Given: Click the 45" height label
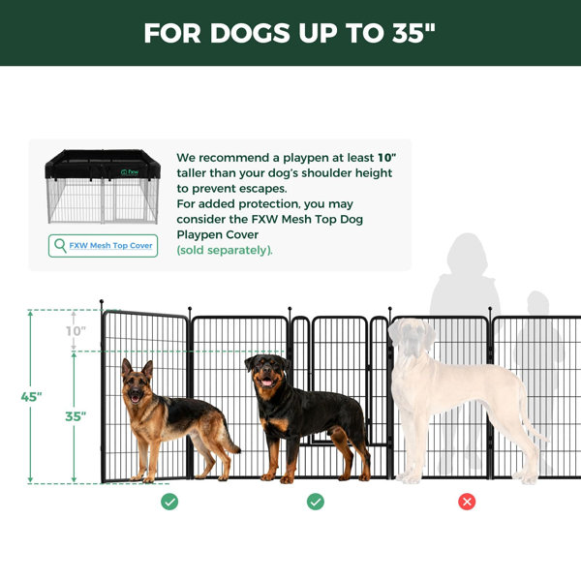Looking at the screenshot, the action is pyautogui.click(x=31, y=397).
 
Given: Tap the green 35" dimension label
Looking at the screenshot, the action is pyautogui.click(x=76, y=416).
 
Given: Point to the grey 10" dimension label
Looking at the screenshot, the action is pyautogui.click(x=76, y=331).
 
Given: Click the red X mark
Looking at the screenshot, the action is pyautogui.click(x=467, y=502).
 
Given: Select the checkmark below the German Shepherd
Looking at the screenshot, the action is pyautogui.click(x=169, y=502).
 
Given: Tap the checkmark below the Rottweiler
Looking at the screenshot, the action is pyautogui.click(x=316, y=502).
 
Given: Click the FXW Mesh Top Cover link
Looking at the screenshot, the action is pyautogui.click(x=110, y=245).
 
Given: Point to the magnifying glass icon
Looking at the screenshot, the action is pyautogui.click(x=60, y=246).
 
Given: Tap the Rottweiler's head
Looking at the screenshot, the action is pyautogui.click(x=266, y=373).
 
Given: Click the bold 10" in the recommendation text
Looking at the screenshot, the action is pyautogui.click(x=386, y=158).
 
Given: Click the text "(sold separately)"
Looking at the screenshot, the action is pyautogui.click(x=225, y=250).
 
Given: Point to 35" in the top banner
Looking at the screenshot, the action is pyautogui.click(x=413, y=33).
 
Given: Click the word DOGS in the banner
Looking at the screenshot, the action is pyautogui.click(x=250, y=33).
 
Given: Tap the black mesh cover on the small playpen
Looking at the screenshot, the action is pyautogui.click(x=103, y=165).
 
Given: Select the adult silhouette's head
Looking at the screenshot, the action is pyautogui.click(x=467, y=254).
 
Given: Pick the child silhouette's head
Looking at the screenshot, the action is pyautogui.click(x=538, y=303).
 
